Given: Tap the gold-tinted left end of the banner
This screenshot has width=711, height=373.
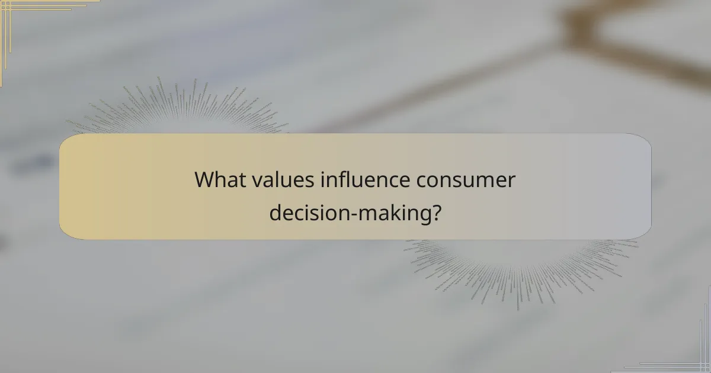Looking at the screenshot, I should click(89, 186).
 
